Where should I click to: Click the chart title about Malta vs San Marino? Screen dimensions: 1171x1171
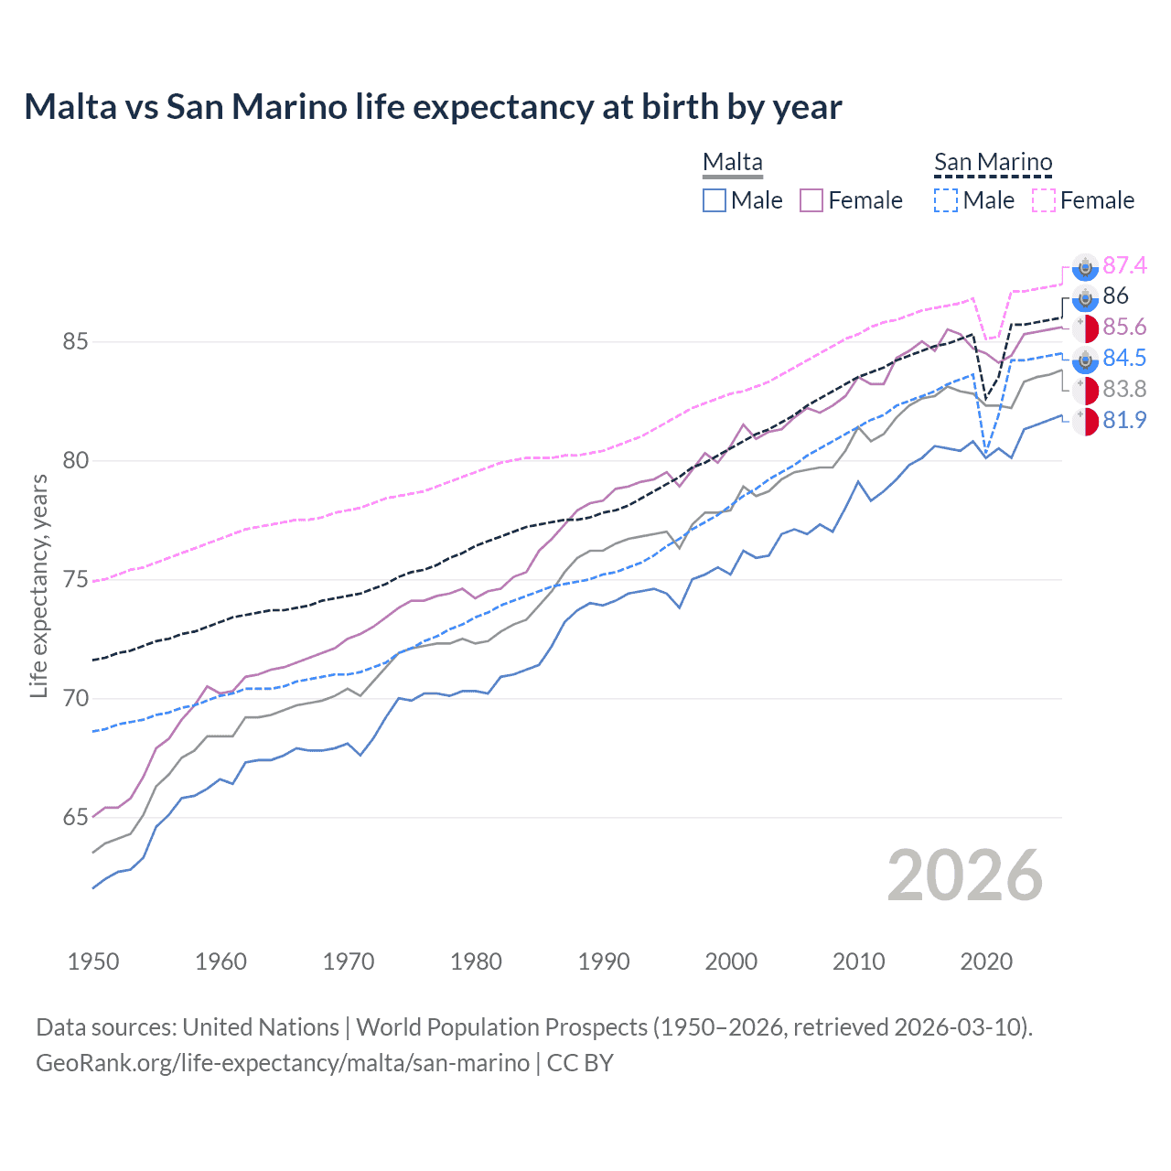pyautogui.click(x=433, y=107)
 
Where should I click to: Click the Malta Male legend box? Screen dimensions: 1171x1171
pyautogui.click(x=714, y=200)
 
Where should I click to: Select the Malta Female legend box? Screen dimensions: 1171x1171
pyautogui.click(x=812, y=200)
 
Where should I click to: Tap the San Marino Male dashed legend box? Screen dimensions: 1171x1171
pyautogui.click(x=946, y=200)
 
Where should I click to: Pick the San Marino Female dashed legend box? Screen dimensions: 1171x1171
pyautogui.click(x=1044, y=200)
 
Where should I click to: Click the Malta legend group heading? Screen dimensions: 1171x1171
pyautogui.click(x=732, y=163)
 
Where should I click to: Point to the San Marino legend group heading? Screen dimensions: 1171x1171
pyautogui.click(x=993, y=163)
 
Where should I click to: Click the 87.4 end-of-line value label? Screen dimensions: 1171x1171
pyautogui.click(x=1124, y=265)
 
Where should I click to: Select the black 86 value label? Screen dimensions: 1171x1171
pyautogui.click(x=1115, y=295)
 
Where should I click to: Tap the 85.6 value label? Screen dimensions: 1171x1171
pyautogui.click(x=1124, y=328)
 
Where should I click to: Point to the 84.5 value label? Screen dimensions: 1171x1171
pyautogui.click(x=1124, y=358)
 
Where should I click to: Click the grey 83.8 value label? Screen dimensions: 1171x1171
pyautogui.click(x=1124, y=390)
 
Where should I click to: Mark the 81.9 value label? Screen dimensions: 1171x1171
pyautogui.click(x=1124, y=421)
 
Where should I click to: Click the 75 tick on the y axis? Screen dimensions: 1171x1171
pyautogui.click(x=75, y=580)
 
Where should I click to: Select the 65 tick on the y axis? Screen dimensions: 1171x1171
pyautogui.click(x=75, y=818)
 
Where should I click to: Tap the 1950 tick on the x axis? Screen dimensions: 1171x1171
pyautogui.click(x=93, y=962)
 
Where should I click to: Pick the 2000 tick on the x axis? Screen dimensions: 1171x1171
pyautogui.click(x=731, y=962)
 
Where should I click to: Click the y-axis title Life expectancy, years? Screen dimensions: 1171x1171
pyautogui.click(x=38, y=585)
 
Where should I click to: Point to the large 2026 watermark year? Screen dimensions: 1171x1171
pyautogui.click(x=964, y=876)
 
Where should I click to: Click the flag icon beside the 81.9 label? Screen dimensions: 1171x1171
pyautogui.click(x=1085, y=422)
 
